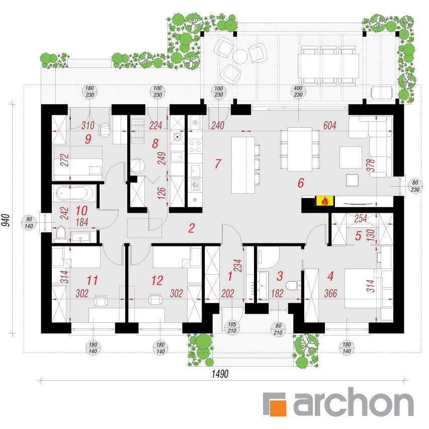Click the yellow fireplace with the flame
pyautogui.click(x=325, y=201)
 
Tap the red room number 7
pyautogui.click(x=218, y=163)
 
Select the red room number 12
pyautogui.click(x=157, y=281)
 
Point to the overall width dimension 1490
pyautogui.click(x=220, y=374)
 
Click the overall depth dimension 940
pyautogui.click(x=6, y=220)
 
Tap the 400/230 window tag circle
pyautogui.click(x=298, y=92)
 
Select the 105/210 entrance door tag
pyautogui.click(x=232, y=327)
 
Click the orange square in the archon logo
pyautogui.click(x=278, y=408)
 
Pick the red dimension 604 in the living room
pyautogui.click(x=329, y=126)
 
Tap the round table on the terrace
pyautogui.click(x=240, y=57)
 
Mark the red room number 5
pyautogui.click(x=358, y=235)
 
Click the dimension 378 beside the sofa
pyautogui.click(x=370, y=165)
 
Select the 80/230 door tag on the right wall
pyautogui.click(x=415, y=186)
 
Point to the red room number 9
pyautogui.click(x=88, y=139)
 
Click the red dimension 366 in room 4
pyautogui.click(x=330, y=294)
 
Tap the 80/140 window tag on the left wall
pyautogui.click(x=29, y=222)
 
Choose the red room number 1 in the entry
pyautogui.click(x=230, y=276)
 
